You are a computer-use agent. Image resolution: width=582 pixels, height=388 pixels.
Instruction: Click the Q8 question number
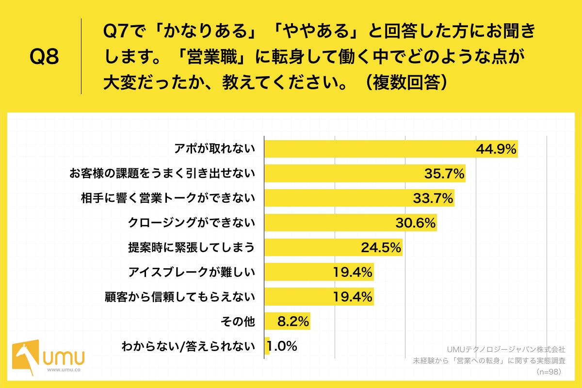point(44,57)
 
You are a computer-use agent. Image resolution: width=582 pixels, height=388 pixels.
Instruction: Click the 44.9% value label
point(496,149)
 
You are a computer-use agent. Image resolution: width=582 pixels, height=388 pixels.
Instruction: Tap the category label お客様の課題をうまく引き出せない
point(162,173)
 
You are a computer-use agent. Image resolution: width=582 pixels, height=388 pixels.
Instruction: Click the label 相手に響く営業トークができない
point(168,198)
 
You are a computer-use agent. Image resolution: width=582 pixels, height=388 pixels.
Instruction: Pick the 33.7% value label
point(433,198)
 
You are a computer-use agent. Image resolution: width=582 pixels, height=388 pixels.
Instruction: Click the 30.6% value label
point(416,223)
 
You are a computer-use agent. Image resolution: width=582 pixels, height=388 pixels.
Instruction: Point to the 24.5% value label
point(381,248)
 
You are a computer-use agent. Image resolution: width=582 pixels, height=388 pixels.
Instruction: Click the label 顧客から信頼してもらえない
point(179,296)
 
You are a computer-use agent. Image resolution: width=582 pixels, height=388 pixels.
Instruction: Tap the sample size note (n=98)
point(550,372)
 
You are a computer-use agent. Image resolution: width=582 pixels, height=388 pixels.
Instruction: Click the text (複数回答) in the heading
point(405,83)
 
